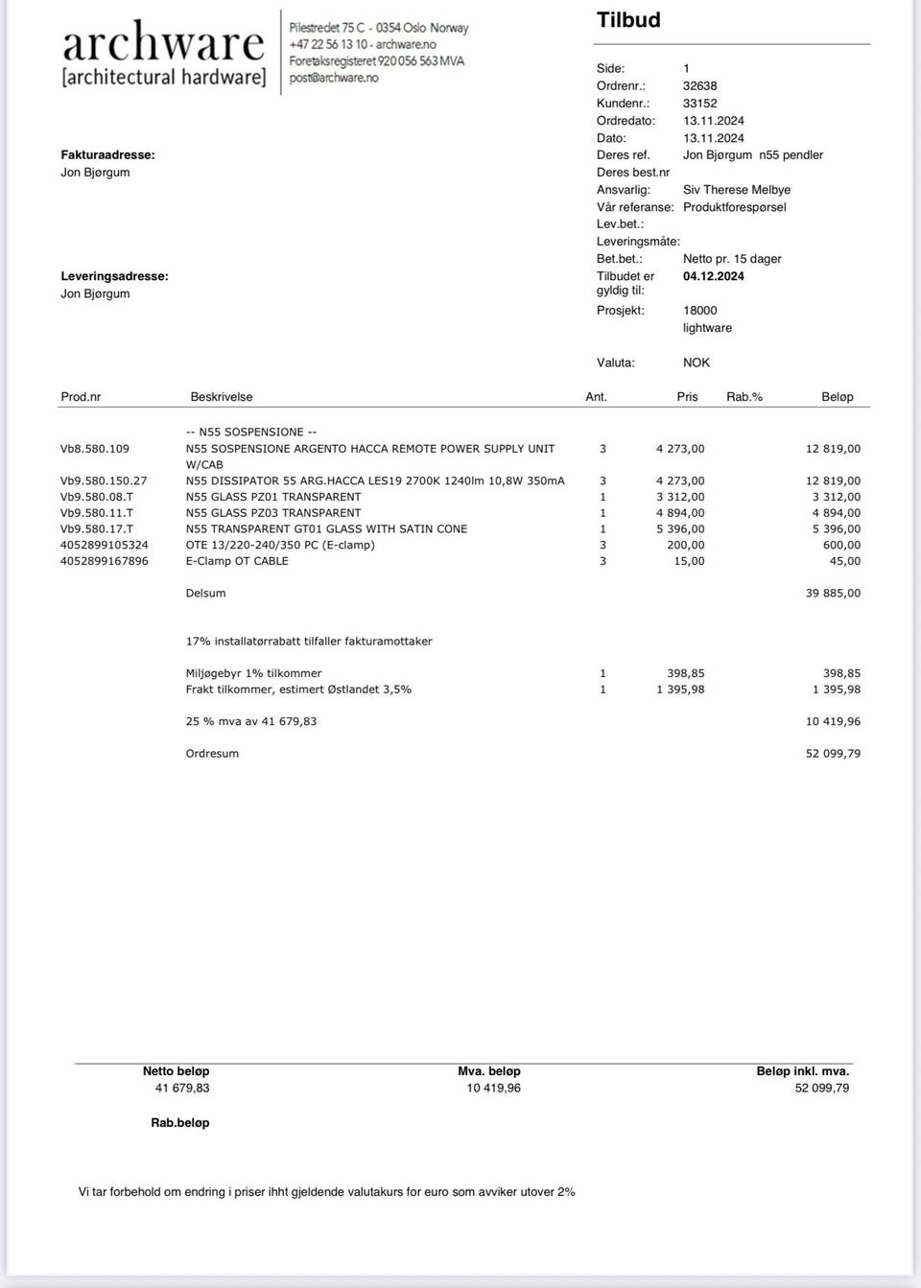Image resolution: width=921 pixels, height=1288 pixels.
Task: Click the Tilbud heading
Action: click(628, 20)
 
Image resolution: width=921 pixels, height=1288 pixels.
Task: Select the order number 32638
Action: click(699, 85)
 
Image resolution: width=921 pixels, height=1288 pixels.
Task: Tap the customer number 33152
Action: click(699, 103)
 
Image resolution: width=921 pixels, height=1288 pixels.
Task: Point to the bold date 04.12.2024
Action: click(713, 276)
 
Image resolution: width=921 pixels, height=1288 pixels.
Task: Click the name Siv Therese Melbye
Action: click(736, 190)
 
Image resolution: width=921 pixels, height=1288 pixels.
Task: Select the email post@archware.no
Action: click(334, 78)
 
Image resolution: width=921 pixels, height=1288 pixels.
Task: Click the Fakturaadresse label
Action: click(107, 154)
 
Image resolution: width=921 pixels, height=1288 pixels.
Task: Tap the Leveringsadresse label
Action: click(114, 276)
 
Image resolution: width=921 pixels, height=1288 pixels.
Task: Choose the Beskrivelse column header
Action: click(221, 396)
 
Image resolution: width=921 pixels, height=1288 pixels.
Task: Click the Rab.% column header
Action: click(744, 396)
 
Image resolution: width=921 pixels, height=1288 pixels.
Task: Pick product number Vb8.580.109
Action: click(95, 449)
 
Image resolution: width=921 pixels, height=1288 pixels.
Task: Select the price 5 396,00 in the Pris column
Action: click(680, 528)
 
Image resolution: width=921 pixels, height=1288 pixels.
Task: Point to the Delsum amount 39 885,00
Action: click(833, 593)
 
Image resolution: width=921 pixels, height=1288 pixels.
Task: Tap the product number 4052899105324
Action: click(105, 545)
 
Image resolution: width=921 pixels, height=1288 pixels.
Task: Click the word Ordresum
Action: click(212, 753)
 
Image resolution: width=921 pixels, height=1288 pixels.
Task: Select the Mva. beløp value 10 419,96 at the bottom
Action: click(493, 1088)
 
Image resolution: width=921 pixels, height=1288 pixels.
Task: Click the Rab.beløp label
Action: click(179, 1122)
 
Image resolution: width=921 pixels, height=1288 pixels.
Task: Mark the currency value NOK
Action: click(696, 363)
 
